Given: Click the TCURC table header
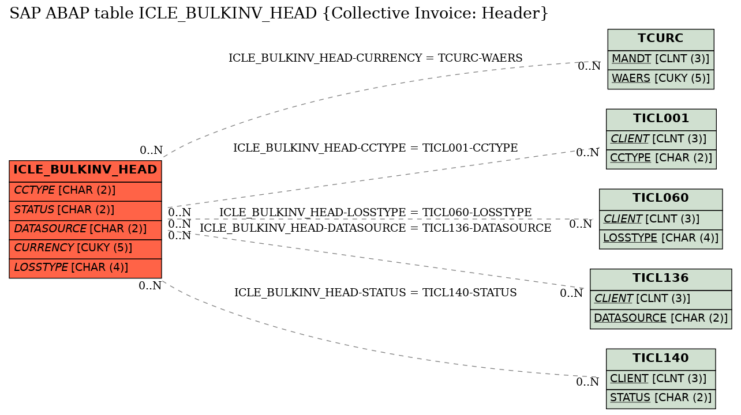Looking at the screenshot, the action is point(661,40).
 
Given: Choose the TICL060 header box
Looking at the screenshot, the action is point(661,199).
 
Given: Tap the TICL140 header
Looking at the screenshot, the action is point(661,360).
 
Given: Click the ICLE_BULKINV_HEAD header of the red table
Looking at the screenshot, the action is point(85,171).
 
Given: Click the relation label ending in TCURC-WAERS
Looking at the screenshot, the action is point(376,58).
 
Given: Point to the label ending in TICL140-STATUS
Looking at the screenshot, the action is point(376,292).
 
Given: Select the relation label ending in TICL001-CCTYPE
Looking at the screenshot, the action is point(376,148).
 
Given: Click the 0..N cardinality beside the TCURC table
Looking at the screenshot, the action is point(589,66).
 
